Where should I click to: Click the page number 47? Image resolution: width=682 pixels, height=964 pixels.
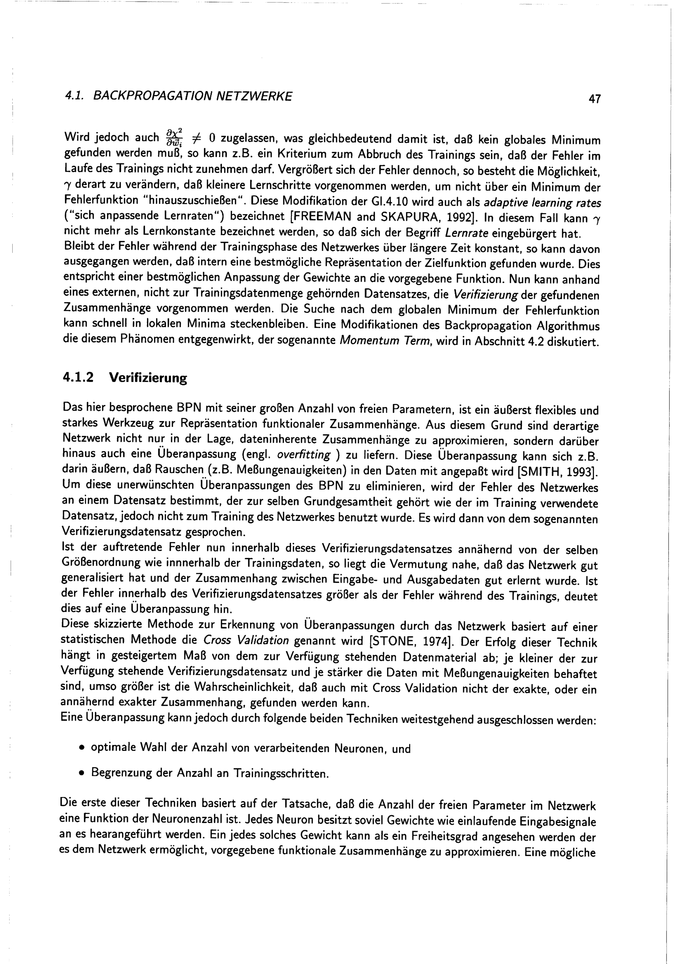(x=594, y=100)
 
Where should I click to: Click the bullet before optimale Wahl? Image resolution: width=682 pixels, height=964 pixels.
(x=81, y=749)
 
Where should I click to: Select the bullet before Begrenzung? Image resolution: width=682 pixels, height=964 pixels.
(x=81, y=773)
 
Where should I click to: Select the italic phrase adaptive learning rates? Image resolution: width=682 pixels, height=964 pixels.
(x=543, y=203)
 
